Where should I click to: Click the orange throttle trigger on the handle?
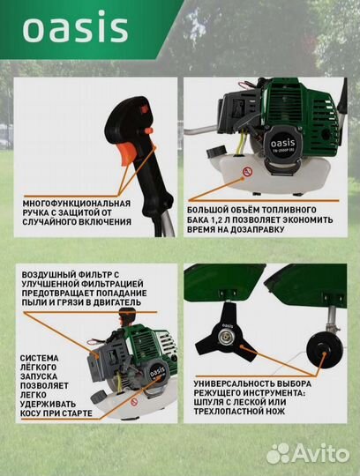point(129,154)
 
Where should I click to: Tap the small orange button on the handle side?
point(148,131)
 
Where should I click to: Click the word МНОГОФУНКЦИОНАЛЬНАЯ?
point(77,203)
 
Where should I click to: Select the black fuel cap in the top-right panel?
point(217,151)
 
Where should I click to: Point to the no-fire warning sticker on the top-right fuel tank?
point(248,172)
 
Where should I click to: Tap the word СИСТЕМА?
point(39,358)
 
